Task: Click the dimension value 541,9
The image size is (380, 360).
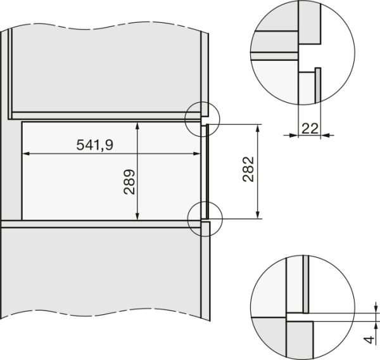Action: tap(95, 145)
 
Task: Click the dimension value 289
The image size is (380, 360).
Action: tap(129, 182)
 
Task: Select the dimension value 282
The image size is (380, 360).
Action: tap(248, 169)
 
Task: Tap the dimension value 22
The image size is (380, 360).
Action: tap(310, 129)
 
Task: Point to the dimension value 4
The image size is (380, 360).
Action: tap(369, 340)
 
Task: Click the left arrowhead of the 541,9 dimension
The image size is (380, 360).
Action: tap(26, 153)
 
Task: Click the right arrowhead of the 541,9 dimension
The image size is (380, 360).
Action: tap(196, 153)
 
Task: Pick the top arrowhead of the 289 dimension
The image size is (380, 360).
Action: tap(137, 126)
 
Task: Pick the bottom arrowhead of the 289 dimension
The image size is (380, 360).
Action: tap(137, 216)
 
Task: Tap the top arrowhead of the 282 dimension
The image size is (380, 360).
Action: tap(258, 128)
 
